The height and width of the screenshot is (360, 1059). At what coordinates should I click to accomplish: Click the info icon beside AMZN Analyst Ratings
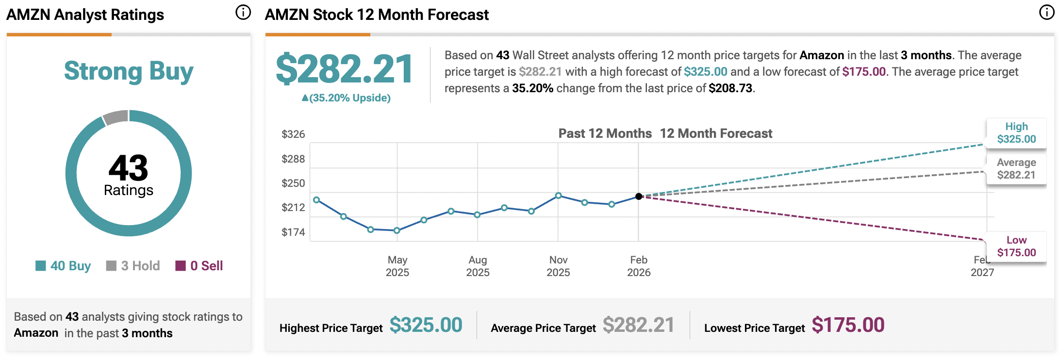(243, 13)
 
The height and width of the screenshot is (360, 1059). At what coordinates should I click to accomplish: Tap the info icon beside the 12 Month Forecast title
(1046, 13)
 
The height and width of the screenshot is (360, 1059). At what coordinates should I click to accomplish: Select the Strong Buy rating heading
(129, 71)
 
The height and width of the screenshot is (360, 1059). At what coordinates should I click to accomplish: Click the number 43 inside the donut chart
(128, 168)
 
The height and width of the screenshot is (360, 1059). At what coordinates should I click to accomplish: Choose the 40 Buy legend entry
(64, 266)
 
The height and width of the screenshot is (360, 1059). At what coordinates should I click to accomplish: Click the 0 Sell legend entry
(199, 266)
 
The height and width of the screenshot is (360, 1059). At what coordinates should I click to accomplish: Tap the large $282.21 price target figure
(344, 69)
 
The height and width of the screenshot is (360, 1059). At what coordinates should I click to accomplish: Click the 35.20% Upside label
(346, 98)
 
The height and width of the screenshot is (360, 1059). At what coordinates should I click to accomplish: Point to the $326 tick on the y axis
(293, 134)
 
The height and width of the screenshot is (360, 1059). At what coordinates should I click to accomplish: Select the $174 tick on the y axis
(293, 232)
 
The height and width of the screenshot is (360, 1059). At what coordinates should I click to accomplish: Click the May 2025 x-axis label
(397, 266)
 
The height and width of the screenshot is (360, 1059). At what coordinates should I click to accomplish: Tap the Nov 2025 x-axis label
(558, 266)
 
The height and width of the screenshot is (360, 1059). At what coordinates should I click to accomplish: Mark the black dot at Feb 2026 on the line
(639, 196)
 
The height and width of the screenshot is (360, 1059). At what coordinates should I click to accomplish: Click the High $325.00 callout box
(1016, 133)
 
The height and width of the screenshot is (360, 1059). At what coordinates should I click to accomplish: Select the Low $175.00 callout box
(1016, 246)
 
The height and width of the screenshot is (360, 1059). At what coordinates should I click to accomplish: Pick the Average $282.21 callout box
(1016, 169)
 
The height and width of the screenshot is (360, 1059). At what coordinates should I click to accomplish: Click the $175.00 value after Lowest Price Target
(848, 325)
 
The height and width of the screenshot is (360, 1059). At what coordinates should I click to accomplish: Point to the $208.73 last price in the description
(730, 88)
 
